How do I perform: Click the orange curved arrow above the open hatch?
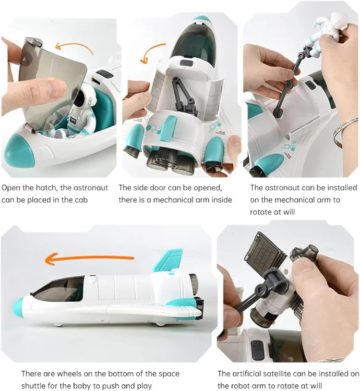pyautogui.click(x=74, y=47)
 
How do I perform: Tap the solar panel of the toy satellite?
pyautogui.click(x=265, y=252)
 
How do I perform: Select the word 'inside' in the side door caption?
pyautogui.click(x=222, y=200)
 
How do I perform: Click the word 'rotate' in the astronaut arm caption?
pyautogui.click(x=260, y=212)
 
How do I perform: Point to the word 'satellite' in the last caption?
pyautogui.click(x=279, y=374)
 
